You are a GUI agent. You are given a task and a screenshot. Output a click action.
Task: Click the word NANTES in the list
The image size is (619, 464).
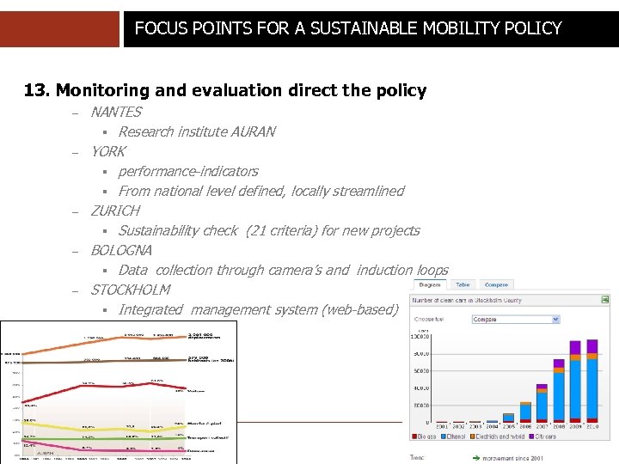pos(116,112)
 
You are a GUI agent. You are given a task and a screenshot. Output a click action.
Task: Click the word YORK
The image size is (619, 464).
pos(108,151)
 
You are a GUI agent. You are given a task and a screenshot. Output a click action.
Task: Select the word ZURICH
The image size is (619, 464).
pos(115,211)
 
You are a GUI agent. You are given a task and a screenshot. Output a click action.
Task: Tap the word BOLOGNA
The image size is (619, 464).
pos(121,250)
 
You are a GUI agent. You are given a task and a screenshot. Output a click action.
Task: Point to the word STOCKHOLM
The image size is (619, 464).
pos(131,290)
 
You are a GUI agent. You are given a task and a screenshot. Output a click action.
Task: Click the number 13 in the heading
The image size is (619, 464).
pos(34,90)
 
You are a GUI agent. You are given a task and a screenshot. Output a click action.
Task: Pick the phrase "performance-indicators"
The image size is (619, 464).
pos(188,171)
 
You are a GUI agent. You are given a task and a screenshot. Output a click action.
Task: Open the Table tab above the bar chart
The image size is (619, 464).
pos(463,284)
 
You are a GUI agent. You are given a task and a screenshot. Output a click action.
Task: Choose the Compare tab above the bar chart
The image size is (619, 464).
pos(496,284)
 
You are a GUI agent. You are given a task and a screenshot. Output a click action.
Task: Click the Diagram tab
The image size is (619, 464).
pos(430,284)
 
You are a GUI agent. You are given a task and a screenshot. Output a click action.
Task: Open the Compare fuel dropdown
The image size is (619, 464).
pos(516,319)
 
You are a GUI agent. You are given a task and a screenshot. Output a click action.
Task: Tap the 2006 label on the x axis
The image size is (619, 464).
pos(525,426)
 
